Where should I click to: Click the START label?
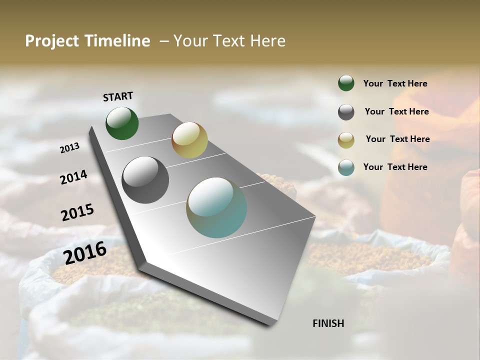[118, 96]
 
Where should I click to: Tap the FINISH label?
[328, 323]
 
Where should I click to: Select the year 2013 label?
[69, 148]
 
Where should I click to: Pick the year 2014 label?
[73, 177]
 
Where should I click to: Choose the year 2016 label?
[85, 252]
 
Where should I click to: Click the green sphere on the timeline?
[122, 123]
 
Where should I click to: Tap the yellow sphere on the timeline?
[189, 140]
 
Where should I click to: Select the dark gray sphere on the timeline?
[145, 180]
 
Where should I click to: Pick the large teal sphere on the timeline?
[216, 207]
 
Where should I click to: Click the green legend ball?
[346, 83]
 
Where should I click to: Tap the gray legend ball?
[346, 112]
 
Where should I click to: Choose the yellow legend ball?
[346, 140]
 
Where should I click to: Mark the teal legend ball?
[346, 167]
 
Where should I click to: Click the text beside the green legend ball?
[395, 83]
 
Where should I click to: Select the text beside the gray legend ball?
[396, 111]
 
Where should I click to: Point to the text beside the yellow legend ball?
[397, 139]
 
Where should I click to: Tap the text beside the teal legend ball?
[395, 167]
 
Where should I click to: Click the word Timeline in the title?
[117, 41]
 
